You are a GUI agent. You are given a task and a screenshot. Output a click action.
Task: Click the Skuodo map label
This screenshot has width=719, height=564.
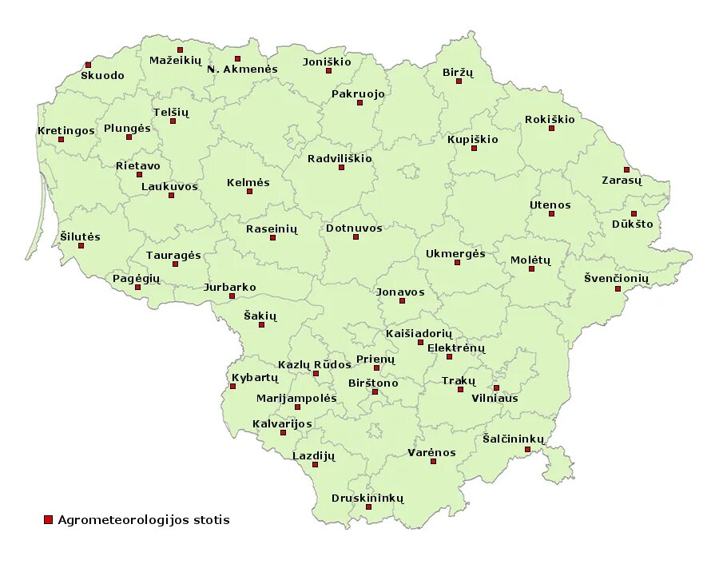pos(102,75)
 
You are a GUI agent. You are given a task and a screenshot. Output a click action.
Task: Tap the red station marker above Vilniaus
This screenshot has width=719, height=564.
pos(496,388)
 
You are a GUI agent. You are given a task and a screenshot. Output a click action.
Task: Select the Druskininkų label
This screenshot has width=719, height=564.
pos(368,498)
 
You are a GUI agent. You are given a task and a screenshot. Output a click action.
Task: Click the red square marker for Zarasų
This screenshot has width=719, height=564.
pos(626,169)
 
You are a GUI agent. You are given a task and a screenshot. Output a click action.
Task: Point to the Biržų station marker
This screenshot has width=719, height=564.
pos(459,81)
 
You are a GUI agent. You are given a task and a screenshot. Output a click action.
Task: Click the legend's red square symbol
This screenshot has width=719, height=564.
pos(48,520)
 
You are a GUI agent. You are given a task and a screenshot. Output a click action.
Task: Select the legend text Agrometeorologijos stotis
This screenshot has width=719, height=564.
pos(144,520)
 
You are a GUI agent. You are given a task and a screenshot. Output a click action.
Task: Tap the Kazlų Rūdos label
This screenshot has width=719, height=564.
pos(315,364)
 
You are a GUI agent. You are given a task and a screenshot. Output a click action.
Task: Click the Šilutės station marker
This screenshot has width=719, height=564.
pos(81,245)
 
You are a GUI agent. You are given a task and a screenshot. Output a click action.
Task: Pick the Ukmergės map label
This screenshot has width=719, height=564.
pos(455,253)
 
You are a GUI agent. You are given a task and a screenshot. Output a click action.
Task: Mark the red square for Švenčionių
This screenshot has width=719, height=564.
pos(618,288)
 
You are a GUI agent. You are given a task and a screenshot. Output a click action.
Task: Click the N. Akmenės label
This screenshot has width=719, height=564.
pos(242,69)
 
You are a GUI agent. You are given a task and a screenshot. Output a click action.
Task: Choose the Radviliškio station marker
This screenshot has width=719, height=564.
pos(341,167)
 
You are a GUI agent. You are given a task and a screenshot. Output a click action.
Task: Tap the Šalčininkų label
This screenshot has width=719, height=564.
pos(514,439)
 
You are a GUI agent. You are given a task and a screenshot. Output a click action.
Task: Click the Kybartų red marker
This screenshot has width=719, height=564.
pos(232,386)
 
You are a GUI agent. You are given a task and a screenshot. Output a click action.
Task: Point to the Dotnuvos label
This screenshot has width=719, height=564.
pos(354,228)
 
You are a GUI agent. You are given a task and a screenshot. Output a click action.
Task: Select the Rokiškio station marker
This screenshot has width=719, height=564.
pos(551,128)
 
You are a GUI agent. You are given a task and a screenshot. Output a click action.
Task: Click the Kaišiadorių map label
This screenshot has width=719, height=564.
pos(419,332)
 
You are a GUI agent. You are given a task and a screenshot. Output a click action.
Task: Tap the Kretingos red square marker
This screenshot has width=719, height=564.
pos(61,139)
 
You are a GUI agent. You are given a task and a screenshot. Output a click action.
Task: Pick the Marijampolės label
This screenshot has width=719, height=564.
pos(296,398)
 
